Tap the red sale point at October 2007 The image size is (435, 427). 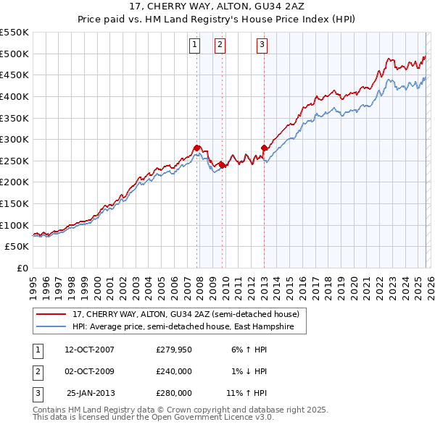(x=196, y=148)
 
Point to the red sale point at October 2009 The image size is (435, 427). (x=222, y=164)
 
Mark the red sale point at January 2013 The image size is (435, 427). (x=264, y=148)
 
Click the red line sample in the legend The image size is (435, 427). (x=51, y=314)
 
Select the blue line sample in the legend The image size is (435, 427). (x=51, y=326)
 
